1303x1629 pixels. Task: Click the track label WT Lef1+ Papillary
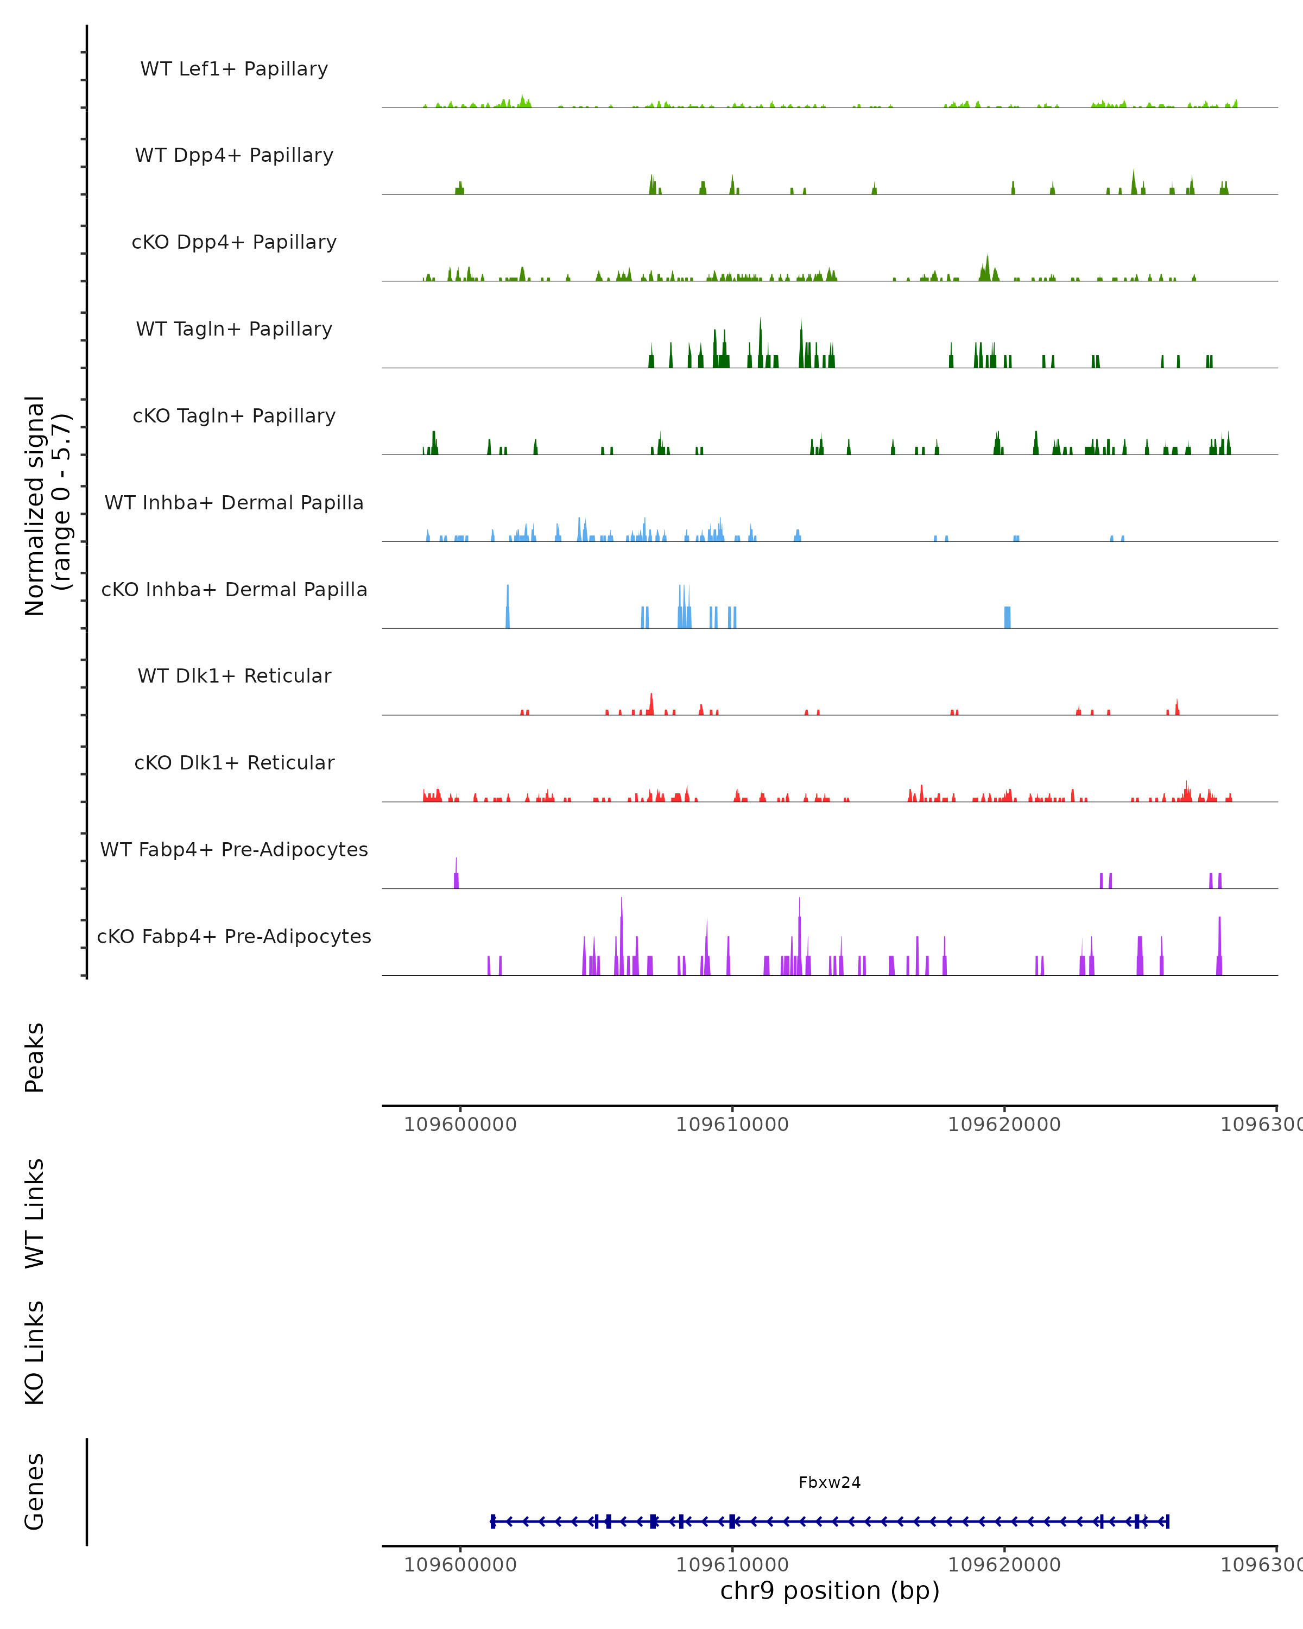click(234, 69)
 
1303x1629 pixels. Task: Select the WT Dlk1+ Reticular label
click(234, 675)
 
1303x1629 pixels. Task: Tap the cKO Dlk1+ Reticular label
click(234, 762)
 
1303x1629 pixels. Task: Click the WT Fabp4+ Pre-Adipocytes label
click(234, 849)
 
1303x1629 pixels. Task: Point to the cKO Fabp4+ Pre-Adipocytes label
click(234, 936)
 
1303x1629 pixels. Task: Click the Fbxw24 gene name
click(830, 1482)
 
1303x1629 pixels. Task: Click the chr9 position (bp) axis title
click(830, 1590)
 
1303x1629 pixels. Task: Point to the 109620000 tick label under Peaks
click(1004, 1125)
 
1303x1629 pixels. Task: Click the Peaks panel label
click(35, 1057)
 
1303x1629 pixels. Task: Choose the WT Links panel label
click(35, 1213)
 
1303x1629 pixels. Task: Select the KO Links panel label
click(35, 1353)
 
